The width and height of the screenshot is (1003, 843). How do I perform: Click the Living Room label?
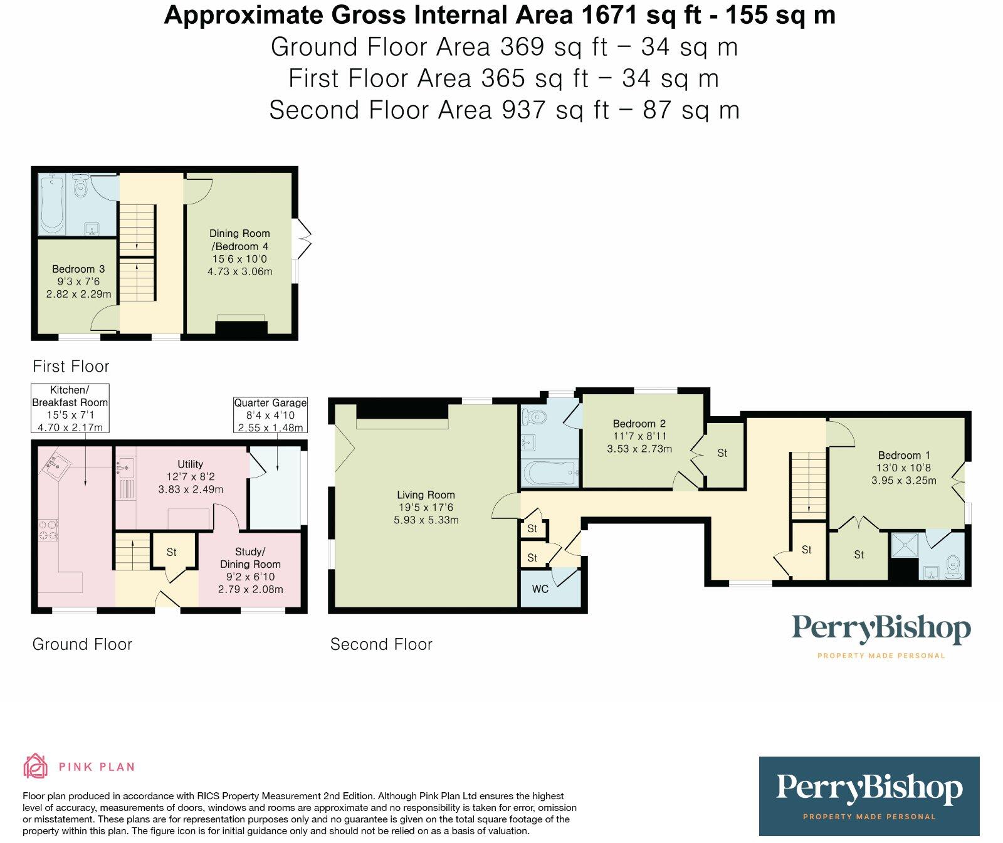click(426, 495)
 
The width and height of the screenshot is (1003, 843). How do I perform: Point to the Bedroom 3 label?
click(78, 269)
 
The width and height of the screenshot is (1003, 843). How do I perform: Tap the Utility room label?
click(190, 464)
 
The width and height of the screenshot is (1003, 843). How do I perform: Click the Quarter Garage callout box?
click(270, 415)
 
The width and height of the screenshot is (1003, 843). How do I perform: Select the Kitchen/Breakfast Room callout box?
click(70, 408)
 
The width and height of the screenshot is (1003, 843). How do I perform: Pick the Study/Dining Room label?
click(250, 558)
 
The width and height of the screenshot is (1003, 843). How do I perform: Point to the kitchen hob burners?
click(48, 530)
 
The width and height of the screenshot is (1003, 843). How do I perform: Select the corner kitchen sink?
click(55, 464)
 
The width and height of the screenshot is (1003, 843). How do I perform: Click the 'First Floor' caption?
click(71, 366)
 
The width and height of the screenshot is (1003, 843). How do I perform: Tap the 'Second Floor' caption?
click(381, 644)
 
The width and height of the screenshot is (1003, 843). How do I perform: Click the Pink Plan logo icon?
click(35, 766)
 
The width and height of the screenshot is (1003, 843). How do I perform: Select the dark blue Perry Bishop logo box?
click(869, 796)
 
